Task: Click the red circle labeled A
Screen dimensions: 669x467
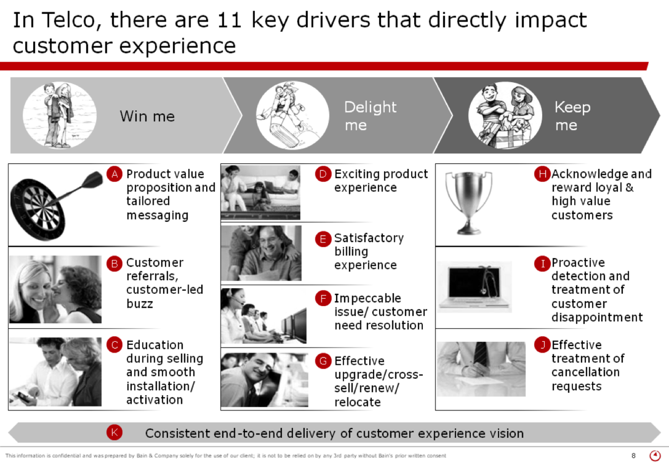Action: click(114, 174)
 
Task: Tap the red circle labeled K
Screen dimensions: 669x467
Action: click(114, 432)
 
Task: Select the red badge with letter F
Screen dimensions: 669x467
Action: click(323, 299)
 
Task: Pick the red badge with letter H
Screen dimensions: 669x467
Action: click(542, 174)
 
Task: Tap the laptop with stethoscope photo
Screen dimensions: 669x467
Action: click(474, 287)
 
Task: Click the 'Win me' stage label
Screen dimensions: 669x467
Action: click(147, 116)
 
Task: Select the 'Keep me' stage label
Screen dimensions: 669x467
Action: click(572, 116)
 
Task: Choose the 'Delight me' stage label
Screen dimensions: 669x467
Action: click(370, 116)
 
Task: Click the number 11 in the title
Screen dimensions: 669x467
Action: click(230, 20)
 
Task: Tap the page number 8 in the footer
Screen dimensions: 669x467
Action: click(633, 455)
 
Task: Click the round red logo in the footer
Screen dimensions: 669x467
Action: click(655, 455)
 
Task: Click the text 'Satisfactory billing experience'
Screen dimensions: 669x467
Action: click(369, 252)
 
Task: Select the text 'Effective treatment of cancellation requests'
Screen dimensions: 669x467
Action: click(587, 365)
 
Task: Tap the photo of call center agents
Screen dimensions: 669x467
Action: click(263, 316)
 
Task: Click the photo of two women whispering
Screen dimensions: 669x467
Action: click(55, 290)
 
